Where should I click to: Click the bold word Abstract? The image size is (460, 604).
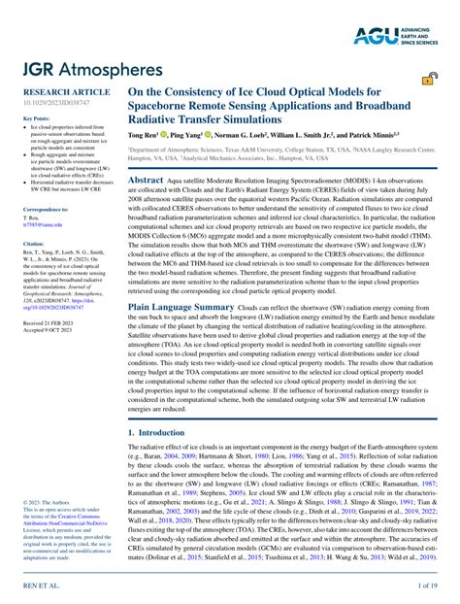coord(146,181)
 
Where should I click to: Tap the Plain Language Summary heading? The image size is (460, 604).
coord(179,307)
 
